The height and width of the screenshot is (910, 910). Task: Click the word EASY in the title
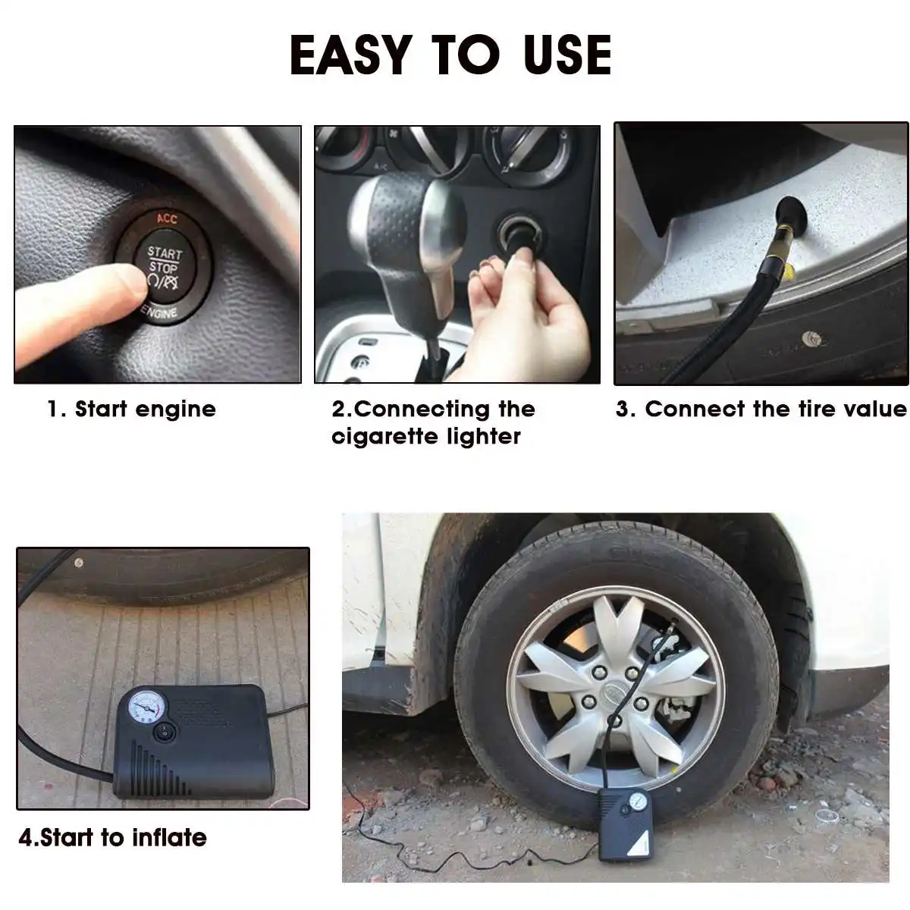point(350,55)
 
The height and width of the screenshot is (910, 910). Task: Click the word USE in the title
point(567,55)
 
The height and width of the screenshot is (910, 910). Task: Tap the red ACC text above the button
point(166,219)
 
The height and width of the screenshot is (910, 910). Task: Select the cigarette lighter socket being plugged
point(520,235)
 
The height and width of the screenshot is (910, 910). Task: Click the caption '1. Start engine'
point(132,409)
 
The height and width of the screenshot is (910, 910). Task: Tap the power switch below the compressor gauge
point(163,733)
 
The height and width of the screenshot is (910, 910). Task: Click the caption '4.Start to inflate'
point(112,837)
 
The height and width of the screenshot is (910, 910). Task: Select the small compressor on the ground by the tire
point(626,822)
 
